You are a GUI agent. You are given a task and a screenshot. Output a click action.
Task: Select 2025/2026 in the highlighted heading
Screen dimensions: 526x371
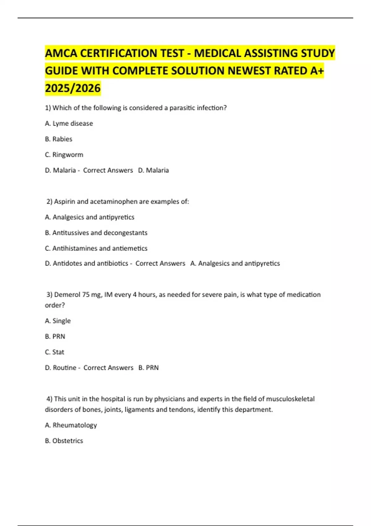[x=73, y=88]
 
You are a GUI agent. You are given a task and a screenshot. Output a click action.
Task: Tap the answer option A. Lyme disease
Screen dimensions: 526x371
[x=69, y=123]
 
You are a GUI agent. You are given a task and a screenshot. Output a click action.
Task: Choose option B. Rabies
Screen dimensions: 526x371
[x=59, y=139]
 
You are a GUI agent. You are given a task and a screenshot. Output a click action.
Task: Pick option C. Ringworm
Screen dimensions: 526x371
[x=64, y=155]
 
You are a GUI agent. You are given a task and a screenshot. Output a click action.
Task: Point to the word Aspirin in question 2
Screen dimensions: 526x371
[x=65, y=202]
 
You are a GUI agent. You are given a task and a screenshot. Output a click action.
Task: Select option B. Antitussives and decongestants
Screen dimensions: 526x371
[x=96, y=233]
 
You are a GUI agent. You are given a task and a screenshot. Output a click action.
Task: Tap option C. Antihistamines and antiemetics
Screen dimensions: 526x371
[x=96, y=248]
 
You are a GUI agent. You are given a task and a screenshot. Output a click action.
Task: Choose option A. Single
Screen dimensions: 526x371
[x=58, y=321]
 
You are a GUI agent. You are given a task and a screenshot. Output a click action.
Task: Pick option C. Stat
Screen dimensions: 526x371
[x=55, y=352]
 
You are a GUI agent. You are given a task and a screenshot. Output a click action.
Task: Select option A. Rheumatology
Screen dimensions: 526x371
[x=71, y=425]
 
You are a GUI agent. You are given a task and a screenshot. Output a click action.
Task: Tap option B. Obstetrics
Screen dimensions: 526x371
[x=64, y=441]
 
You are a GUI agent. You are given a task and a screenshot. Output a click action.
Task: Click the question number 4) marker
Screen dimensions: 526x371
[x=49, y=399]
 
